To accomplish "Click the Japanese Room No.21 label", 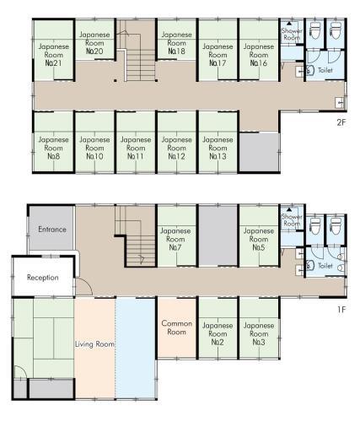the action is pyautogui.click(x=53, y=55).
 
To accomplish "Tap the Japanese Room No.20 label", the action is pyautogui.click(x=94, y=43).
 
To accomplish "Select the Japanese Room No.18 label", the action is pyautogui.click(x=176, y=43).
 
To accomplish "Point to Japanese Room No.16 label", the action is pyautogui.click(x=259, y=55).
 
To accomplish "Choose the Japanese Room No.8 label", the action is pyautogui.click(x=53, y=148).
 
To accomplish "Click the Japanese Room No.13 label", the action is pyautogui.click(x=218, y=148).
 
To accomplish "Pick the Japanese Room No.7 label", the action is pyautogui.click(x=175, y=239).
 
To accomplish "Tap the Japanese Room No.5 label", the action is pyautogui.click(x=259, y=239).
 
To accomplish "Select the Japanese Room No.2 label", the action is pyautogui.click(x=218, y=333).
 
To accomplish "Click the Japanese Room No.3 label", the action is pyautogui.click(x=259, y=333).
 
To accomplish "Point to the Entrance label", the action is pyautogui.click(x=52, y=230).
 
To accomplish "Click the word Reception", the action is pyautogui.click(x=43, y=278).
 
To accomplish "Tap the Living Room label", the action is pyautogui.click(x=94, y=344).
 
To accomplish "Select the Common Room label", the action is pyautogui.click(x=176, y=327).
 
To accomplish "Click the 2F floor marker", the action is pyautogui.click(x=341, y=122).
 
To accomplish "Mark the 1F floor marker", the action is pyautogui.click(x=341, y=310).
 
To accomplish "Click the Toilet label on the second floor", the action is pyautogui.click(x=325, y=70).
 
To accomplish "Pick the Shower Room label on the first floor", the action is pyautogui.click(x=292, y=220).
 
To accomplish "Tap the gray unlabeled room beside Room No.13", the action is pyautogui.click(x=259, y=152).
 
